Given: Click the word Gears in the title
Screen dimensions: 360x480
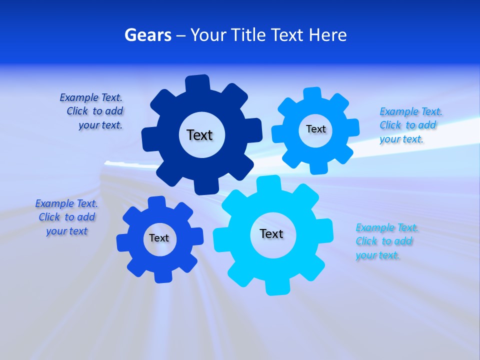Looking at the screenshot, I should tap(147, 35).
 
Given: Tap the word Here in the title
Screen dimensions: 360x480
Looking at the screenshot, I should tap(327, 35).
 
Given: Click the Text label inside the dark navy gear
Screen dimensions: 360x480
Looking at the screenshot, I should tap(199, 135).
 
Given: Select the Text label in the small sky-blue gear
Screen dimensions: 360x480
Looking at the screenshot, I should tap(315, 129).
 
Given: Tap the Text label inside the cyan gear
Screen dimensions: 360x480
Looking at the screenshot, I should tap(271, 233).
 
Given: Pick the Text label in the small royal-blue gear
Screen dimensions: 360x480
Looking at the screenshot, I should tap(159, 238).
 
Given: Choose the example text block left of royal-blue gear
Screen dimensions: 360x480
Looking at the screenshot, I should tap(66, 217).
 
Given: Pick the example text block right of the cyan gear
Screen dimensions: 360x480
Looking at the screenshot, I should tap(385, 241).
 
